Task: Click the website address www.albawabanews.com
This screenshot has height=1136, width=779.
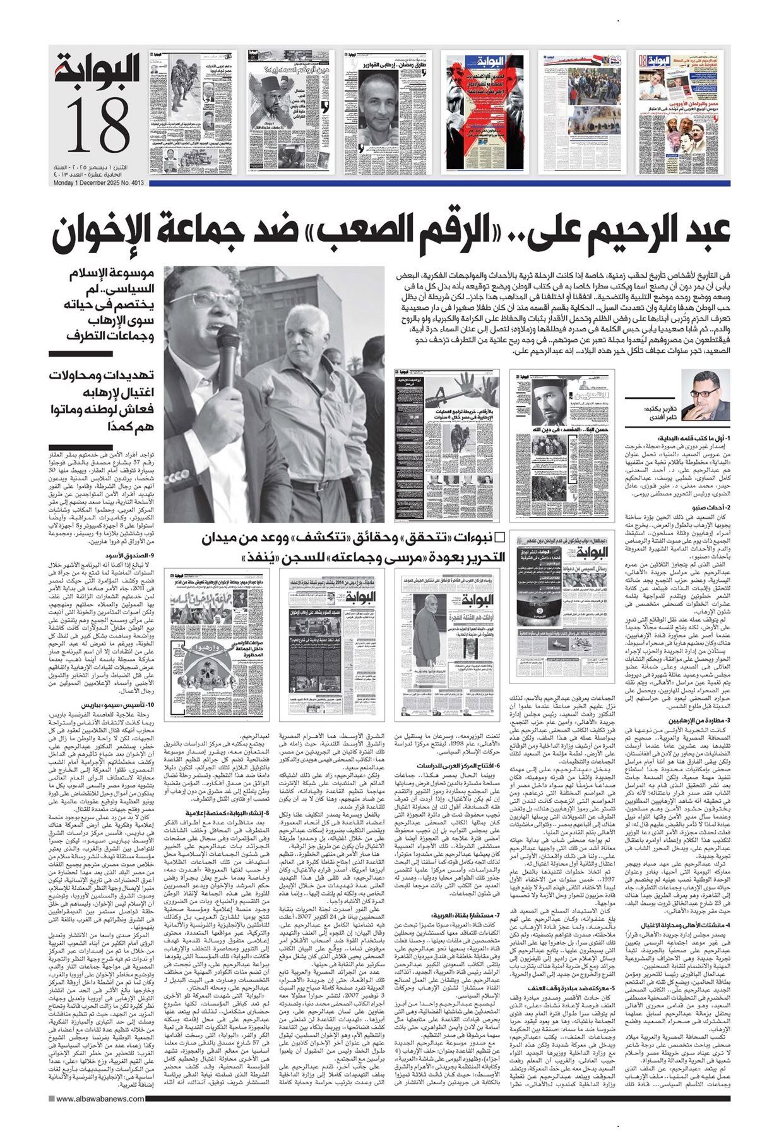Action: [95, 1118]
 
